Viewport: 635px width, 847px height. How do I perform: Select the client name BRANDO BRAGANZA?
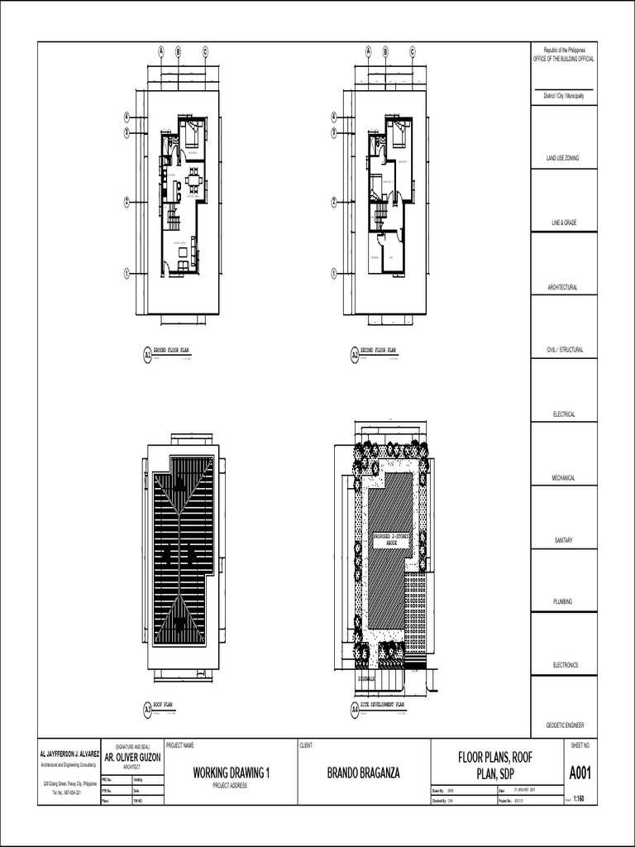click(x=364, y=773)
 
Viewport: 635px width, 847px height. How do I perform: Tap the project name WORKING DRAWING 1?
click(x=232, y=773)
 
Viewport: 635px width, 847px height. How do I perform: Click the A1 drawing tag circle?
click(x=148, y=355)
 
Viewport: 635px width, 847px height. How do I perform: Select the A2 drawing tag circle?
click(x=355, y=355)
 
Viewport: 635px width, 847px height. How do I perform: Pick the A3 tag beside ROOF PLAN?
click(x=148, y=709)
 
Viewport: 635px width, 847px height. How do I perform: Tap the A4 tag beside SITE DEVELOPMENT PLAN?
click(x=355, y=709)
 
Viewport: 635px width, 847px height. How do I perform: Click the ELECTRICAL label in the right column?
click(x=565, y=414)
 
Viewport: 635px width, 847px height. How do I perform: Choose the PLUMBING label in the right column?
click(x=565, y=601)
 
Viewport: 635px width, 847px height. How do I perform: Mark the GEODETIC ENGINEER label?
click(x=565, y=725)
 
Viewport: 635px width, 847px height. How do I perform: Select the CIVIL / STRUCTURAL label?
click(x=565, y=350)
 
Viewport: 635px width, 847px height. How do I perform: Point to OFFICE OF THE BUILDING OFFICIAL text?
click(x=565, y=59)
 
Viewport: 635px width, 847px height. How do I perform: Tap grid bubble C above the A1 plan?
click(x=205, y=51)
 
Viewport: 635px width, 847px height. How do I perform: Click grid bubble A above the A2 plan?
click(x=368, y=51)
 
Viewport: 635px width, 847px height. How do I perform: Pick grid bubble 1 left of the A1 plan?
click(x=127, y=272)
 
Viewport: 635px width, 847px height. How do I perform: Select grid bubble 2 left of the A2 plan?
click(x=334, y=201)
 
